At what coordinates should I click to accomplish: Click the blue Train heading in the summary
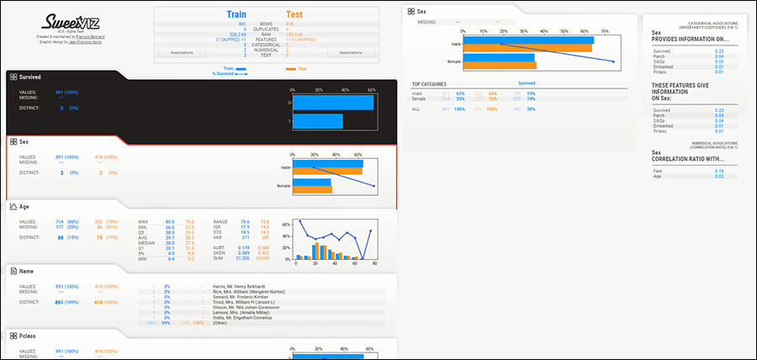(236, 14)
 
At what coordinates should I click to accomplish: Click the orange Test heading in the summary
(294, 14)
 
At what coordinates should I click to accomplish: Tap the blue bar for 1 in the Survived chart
(317, 121)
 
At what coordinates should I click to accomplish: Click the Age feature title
(24, 206)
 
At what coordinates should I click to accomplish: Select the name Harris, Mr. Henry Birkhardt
(243, 286)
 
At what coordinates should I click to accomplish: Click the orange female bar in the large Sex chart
(499, 66)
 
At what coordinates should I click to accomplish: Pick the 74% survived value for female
(532, 98)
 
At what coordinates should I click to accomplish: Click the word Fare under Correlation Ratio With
(657, 170)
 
